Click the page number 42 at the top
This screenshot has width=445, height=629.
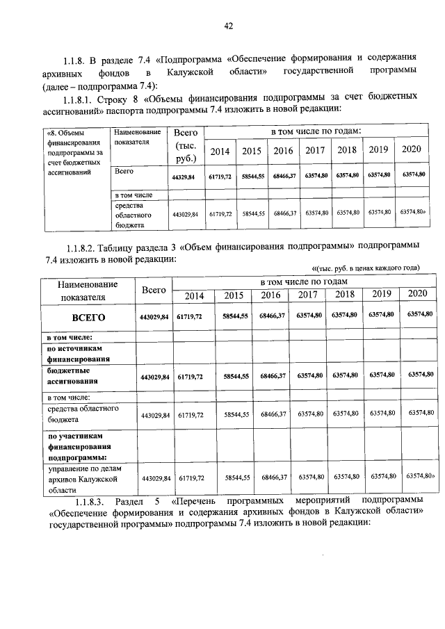pyautogui.click(x=228, y=26)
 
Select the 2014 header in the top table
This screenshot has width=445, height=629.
pyautogui.click(x=220, y=151)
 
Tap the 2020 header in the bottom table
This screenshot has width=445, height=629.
pyautogui.click(x=419, y=295)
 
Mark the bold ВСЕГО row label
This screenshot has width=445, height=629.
pyautogui.click(x=88, y=317)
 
